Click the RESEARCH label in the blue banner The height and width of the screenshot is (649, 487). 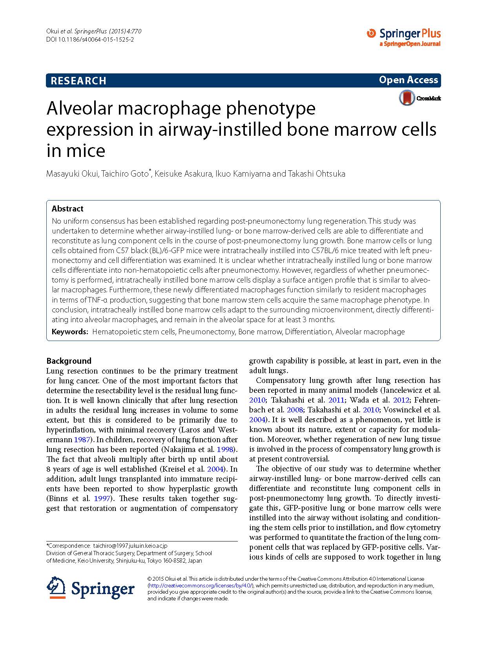pyautogui.click(x=78, y=81)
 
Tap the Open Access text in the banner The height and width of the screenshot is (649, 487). pyautogui.click(x=408, y=80)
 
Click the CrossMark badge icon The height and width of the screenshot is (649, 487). pyautogui.click(x=407, y=98)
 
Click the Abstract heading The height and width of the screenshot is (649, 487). pyautogui.click(x=67, y=209)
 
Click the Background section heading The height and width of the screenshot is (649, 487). pyautogui.click(x=69, y=361)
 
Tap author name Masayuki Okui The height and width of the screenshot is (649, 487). pyautogui.click(x=72, y=174)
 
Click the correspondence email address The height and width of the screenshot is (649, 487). pyautogui.click(x=130, y=546)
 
